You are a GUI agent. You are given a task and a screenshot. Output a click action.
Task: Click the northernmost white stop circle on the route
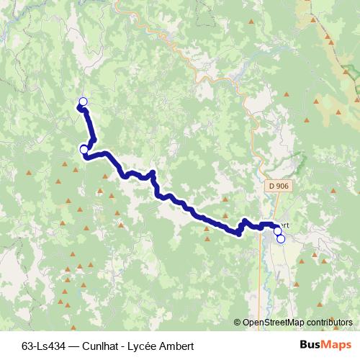click(x=83, y=102)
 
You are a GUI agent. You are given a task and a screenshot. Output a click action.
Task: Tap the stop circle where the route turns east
click(x=84, y=149)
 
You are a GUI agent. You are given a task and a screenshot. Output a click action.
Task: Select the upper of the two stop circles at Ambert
click(x=277, y=231)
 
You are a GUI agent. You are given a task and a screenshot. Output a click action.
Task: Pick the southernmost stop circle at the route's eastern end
click(x=281, y=239)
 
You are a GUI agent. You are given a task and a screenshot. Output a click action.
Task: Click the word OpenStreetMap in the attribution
click(x=274, y=323)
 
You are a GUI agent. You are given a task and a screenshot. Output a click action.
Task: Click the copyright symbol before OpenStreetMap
click(x=237, y=323)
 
